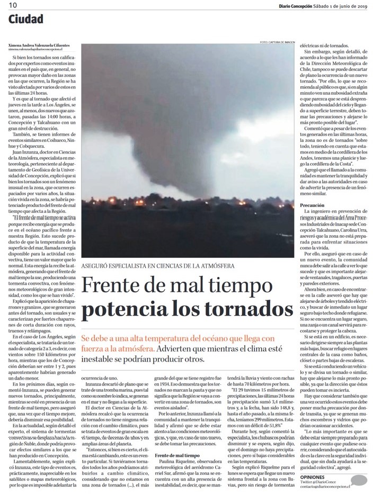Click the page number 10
click(12, 5)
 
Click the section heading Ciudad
click(26, 20)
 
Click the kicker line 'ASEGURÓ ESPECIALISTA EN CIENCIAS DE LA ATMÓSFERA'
click(157, 266)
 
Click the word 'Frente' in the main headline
click(116, 286)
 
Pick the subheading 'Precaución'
click(313, 204)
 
